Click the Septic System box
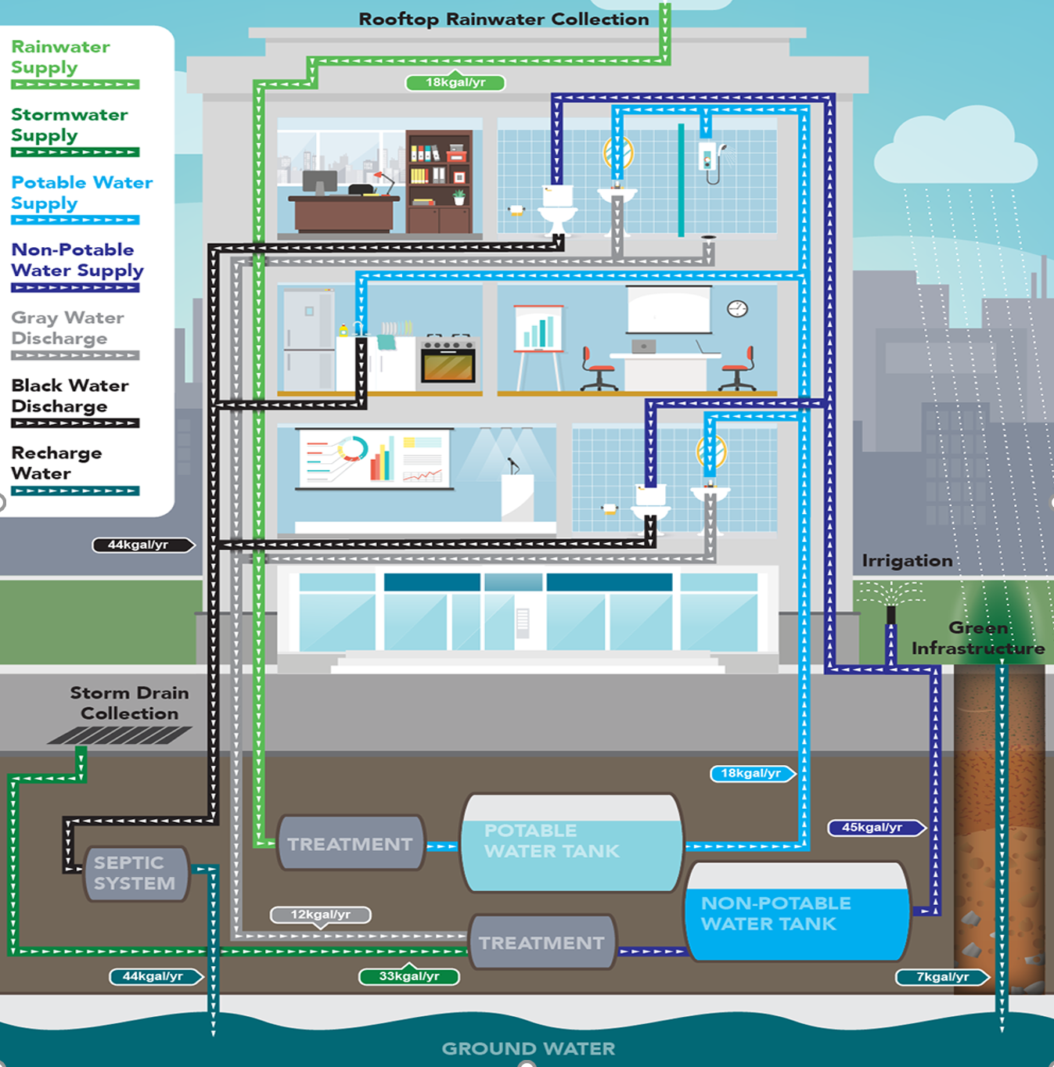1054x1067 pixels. (x=135, y=873)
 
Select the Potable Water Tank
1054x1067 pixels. (x=571, y=842)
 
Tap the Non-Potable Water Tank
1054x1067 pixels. (x=797, y=913)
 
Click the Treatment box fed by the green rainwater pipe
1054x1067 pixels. (x=351, y=843)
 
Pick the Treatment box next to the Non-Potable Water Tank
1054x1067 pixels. (x=541, y=943)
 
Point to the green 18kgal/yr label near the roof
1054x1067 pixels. (x=455, y=82)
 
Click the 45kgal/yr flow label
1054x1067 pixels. (x=874, y=827)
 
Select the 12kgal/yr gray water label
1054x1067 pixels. (x=320, y=914)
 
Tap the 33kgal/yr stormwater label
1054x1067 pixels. (x=408, y=976)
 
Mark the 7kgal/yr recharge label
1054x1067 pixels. (x=942, y=977)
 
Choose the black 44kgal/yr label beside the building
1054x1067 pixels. (x=141, y=544)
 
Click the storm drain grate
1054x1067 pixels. (x=120, y=735)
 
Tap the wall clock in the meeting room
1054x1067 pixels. (x=737, y=308)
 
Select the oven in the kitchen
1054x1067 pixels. (x=448, y=361)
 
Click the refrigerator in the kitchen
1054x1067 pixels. (x=308, y=340)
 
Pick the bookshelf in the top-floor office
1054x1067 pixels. (x=439, y=181)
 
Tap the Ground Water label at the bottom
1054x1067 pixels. (x=528, y=1048)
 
